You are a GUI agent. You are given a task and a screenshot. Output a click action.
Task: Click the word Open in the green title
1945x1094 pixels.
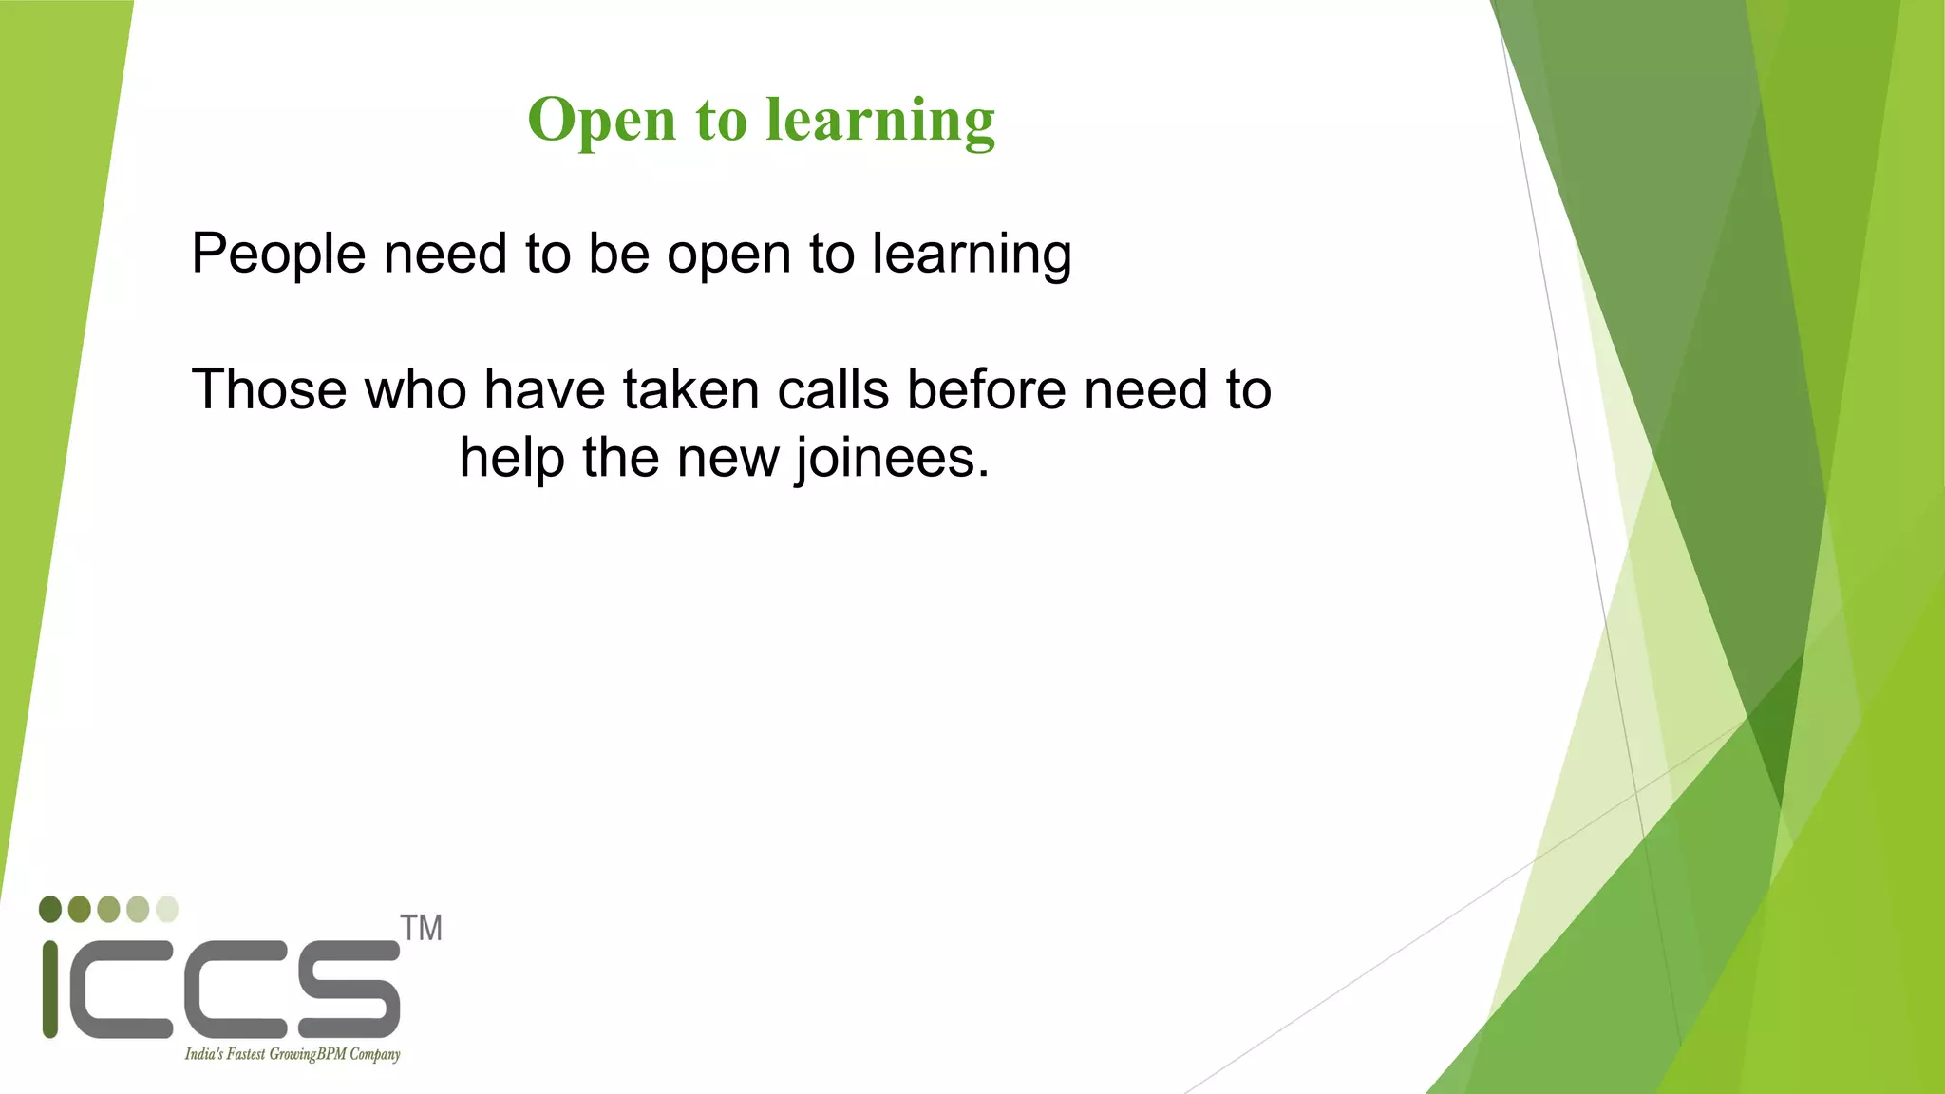[x=602, y=121]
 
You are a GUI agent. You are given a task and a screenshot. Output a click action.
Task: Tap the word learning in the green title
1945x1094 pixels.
[x=880, y=121]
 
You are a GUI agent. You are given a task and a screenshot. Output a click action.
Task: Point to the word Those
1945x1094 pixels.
[x=269, y=390]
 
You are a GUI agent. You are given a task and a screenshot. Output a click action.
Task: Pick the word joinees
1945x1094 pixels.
[x=892, y=459]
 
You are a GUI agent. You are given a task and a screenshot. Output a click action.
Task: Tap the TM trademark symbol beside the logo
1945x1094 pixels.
[x=421, y=928]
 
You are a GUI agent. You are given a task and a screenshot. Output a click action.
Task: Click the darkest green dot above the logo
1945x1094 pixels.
[x=50, y=909]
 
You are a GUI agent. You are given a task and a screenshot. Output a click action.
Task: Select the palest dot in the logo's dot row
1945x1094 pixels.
[x=167, y=909]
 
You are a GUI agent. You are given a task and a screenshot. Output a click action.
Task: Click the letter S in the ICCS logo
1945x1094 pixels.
[x=349, y=989]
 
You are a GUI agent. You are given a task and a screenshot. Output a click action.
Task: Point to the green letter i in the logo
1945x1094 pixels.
[x=50, y=989]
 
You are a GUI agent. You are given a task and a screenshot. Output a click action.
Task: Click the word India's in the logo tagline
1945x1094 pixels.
[x=203, y=1054]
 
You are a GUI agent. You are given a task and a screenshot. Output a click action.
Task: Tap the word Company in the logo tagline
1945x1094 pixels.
[x=374, y=1054]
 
